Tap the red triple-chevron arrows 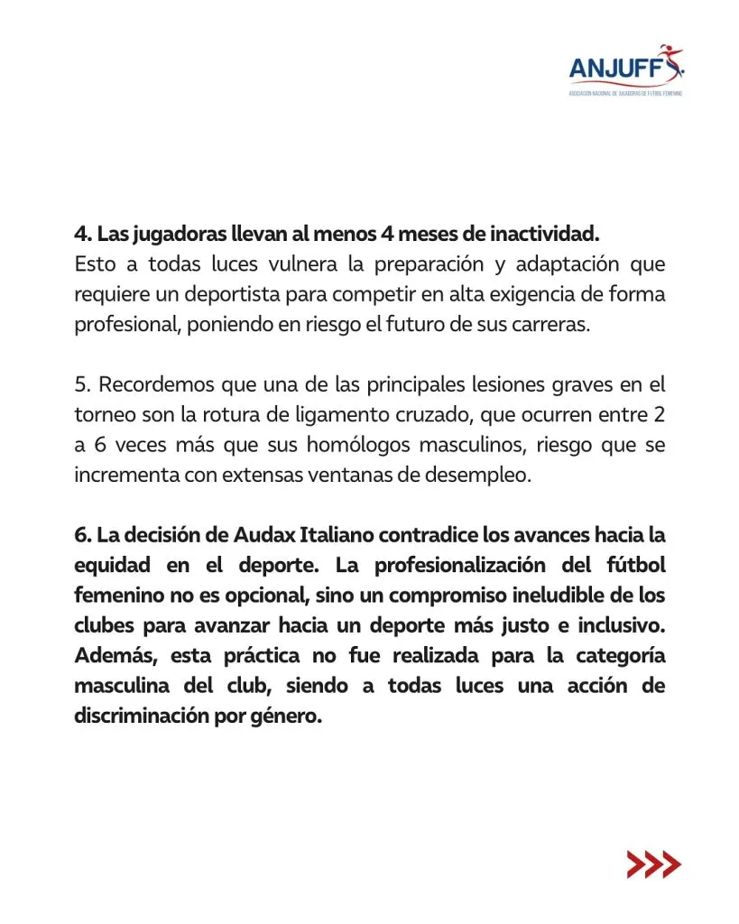click(653, 864)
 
